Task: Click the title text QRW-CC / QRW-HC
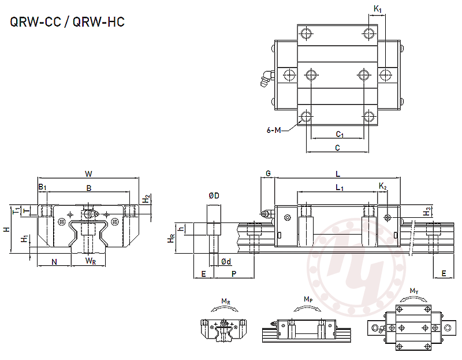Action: pyautogui.click(x=67, y=23)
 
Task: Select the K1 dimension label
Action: pyautogui.click(x=377, y=9)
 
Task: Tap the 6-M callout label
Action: pyautogui.click(x=274, y=131)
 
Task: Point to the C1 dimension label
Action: pyautogui.click(x=340, y=134)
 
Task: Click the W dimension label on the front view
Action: pyautogui.click(x=88, y=173)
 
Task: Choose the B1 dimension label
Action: pyautogui.click(x=42, y=187)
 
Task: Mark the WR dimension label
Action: pyautogui.click(x=91, y=261)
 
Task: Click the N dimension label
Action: pyautogui.click(x=54, y=261)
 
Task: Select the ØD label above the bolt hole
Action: pyautogui.click(x=213, y=196)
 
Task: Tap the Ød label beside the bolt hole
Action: pyautogui.click(x=226, y=262)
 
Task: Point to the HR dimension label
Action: pyautogui.click(x=172, y=238)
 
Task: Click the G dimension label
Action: pyautogui.click(x=268, y=173)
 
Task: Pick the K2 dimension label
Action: pyautogui.click(x=383, y=185)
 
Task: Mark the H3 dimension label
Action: pyautogui.click(x=427, y=211)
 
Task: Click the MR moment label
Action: pyautogui.click(x=226, y=301)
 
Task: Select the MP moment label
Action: pyautogui.click(x=308, y=299)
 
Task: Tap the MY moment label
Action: pyautogui.click(x=414, y=290)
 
